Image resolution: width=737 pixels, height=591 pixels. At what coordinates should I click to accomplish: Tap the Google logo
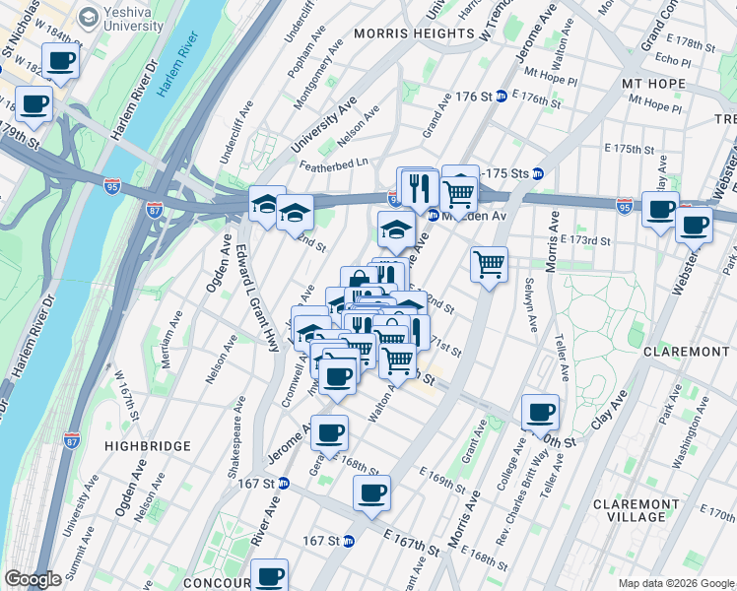pyautogui.click(x=33, y=579)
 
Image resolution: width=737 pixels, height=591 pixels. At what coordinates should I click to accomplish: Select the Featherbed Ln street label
pyautogui.click(x=334, y=164)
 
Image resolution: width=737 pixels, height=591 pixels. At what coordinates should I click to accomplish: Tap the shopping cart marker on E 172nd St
pyautogui.click(x=490, y=264)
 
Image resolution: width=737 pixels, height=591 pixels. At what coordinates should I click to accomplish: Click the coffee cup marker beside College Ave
pyautogui.click(x=539, y=412)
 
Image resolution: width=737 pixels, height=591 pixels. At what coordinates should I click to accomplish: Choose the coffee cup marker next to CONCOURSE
pyautogui.click(x=268, y=575)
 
